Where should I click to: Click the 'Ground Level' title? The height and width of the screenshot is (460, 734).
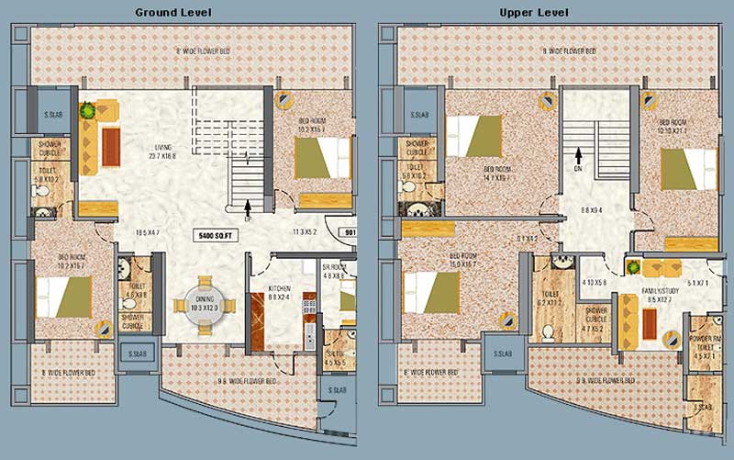click(172, 12)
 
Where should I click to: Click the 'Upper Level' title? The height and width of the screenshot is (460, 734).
click(534, 12)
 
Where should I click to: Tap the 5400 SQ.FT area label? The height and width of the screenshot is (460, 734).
click(217, 236)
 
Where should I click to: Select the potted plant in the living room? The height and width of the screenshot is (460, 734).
click(87, 110)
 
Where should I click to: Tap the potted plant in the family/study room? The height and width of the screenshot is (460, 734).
click(633, 267)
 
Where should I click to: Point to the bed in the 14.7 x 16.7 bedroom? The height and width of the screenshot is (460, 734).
click(478, 137)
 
